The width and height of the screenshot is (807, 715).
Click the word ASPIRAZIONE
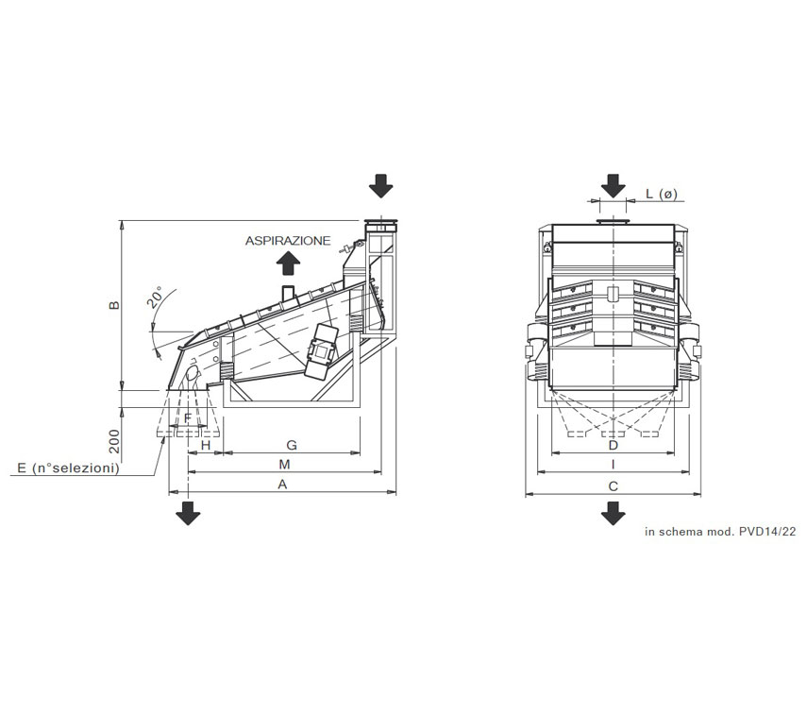tap(288, 241)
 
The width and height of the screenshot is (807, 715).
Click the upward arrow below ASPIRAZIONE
tap(288, 264)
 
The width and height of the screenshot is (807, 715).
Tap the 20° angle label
tap(157, 297)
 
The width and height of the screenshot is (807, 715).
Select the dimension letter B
tap(114, 305)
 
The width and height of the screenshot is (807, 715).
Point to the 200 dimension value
tap(114, 441)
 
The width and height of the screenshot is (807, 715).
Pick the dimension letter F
tap(188, 418)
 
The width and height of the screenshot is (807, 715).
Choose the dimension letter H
tap(206, 445)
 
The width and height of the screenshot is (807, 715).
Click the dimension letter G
tap(292, 445)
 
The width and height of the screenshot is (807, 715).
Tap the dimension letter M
tap(285, 465)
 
